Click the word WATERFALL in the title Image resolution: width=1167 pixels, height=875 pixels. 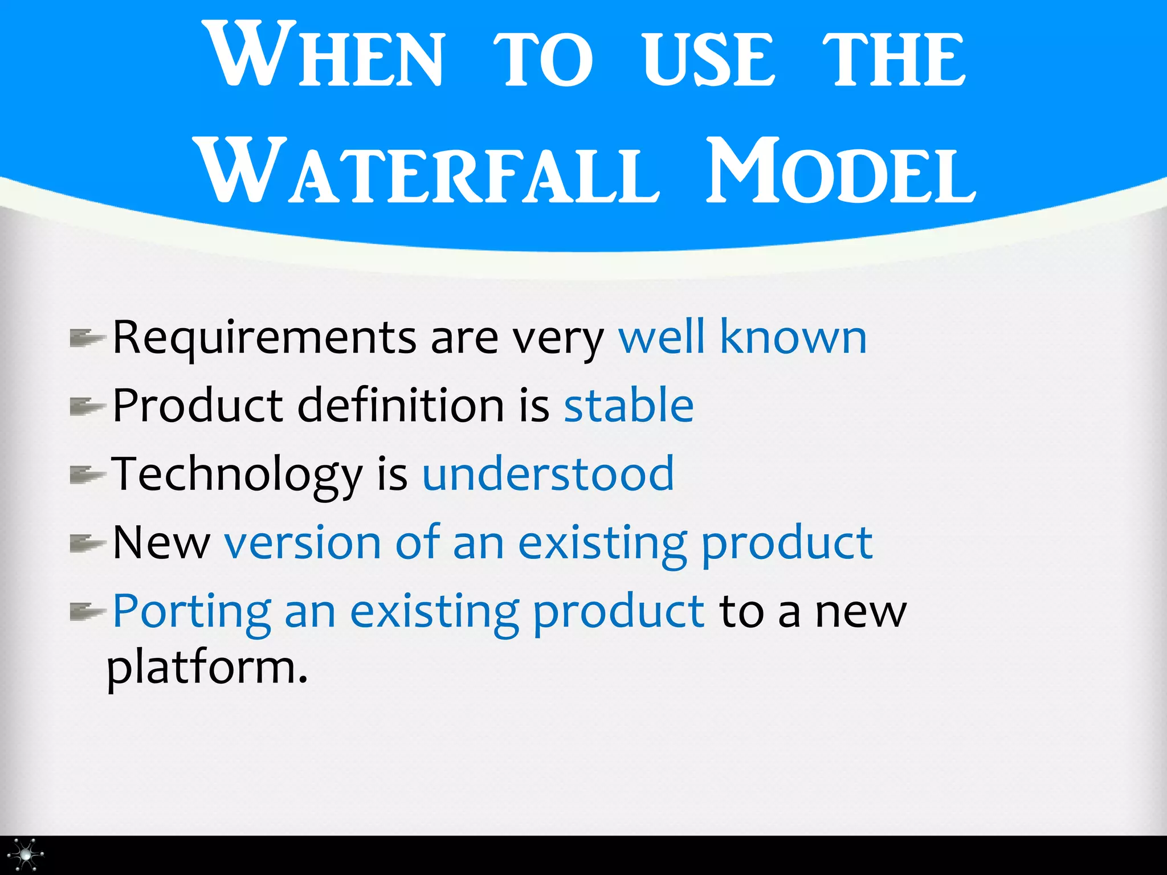(427, 171)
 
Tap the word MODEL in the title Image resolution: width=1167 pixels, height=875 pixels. (840, 171)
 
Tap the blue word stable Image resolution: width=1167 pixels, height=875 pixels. (629, 405)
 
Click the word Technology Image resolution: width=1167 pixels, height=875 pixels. (236, 475)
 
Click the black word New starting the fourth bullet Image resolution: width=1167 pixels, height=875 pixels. (161, 542)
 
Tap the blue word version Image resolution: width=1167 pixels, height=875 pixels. (303, 542)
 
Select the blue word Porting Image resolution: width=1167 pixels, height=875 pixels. (191, 612)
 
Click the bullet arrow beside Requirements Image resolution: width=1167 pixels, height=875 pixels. (87, 338)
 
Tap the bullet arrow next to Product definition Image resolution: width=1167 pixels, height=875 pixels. (87, 407)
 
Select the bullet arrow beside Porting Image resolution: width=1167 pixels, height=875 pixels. (87, 612)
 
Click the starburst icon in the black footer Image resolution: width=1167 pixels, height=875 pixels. (26, 854)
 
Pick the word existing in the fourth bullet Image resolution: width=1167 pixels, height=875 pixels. (602, 543)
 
